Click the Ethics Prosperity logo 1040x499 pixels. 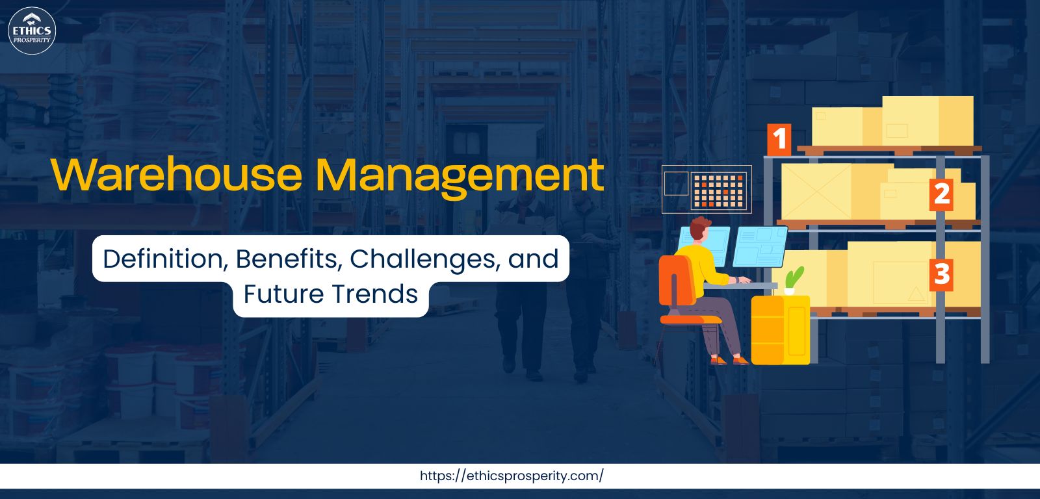pyautogui.click(x=32, y=31)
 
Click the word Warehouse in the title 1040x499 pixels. pyautogui.click(x=176, y=175)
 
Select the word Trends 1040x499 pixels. pyautogui.click(x=374, y=294)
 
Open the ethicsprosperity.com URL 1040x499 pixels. pyautogui.click(x=512, y=476)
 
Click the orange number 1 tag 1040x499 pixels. pyautogui.click(x=779, y=139)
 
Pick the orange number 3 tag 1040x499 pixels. pyautogui.click(x=941, y=274)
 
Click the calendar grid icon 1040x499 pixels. pyautogui.click(x=719, y=190)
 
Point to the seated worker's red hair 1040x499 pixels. pyautogui.click(x=699, y=226)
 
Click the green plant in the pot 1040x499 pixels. pyautogui.click(x=793, y=279)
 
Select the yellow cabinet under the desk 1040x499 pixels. pyautogui.click(x=780, y=330)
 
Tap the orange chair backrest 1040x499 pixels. pyautogui.click(x=677, y=281)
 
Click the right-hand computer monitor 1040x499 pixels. pyautogui.click(x=760, y=246)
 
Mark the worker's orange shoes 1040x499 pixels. pyautogui.click(x=729, y=360)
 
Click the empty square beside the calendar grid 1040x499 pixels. pyautogui.click(x=676, y=183)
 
